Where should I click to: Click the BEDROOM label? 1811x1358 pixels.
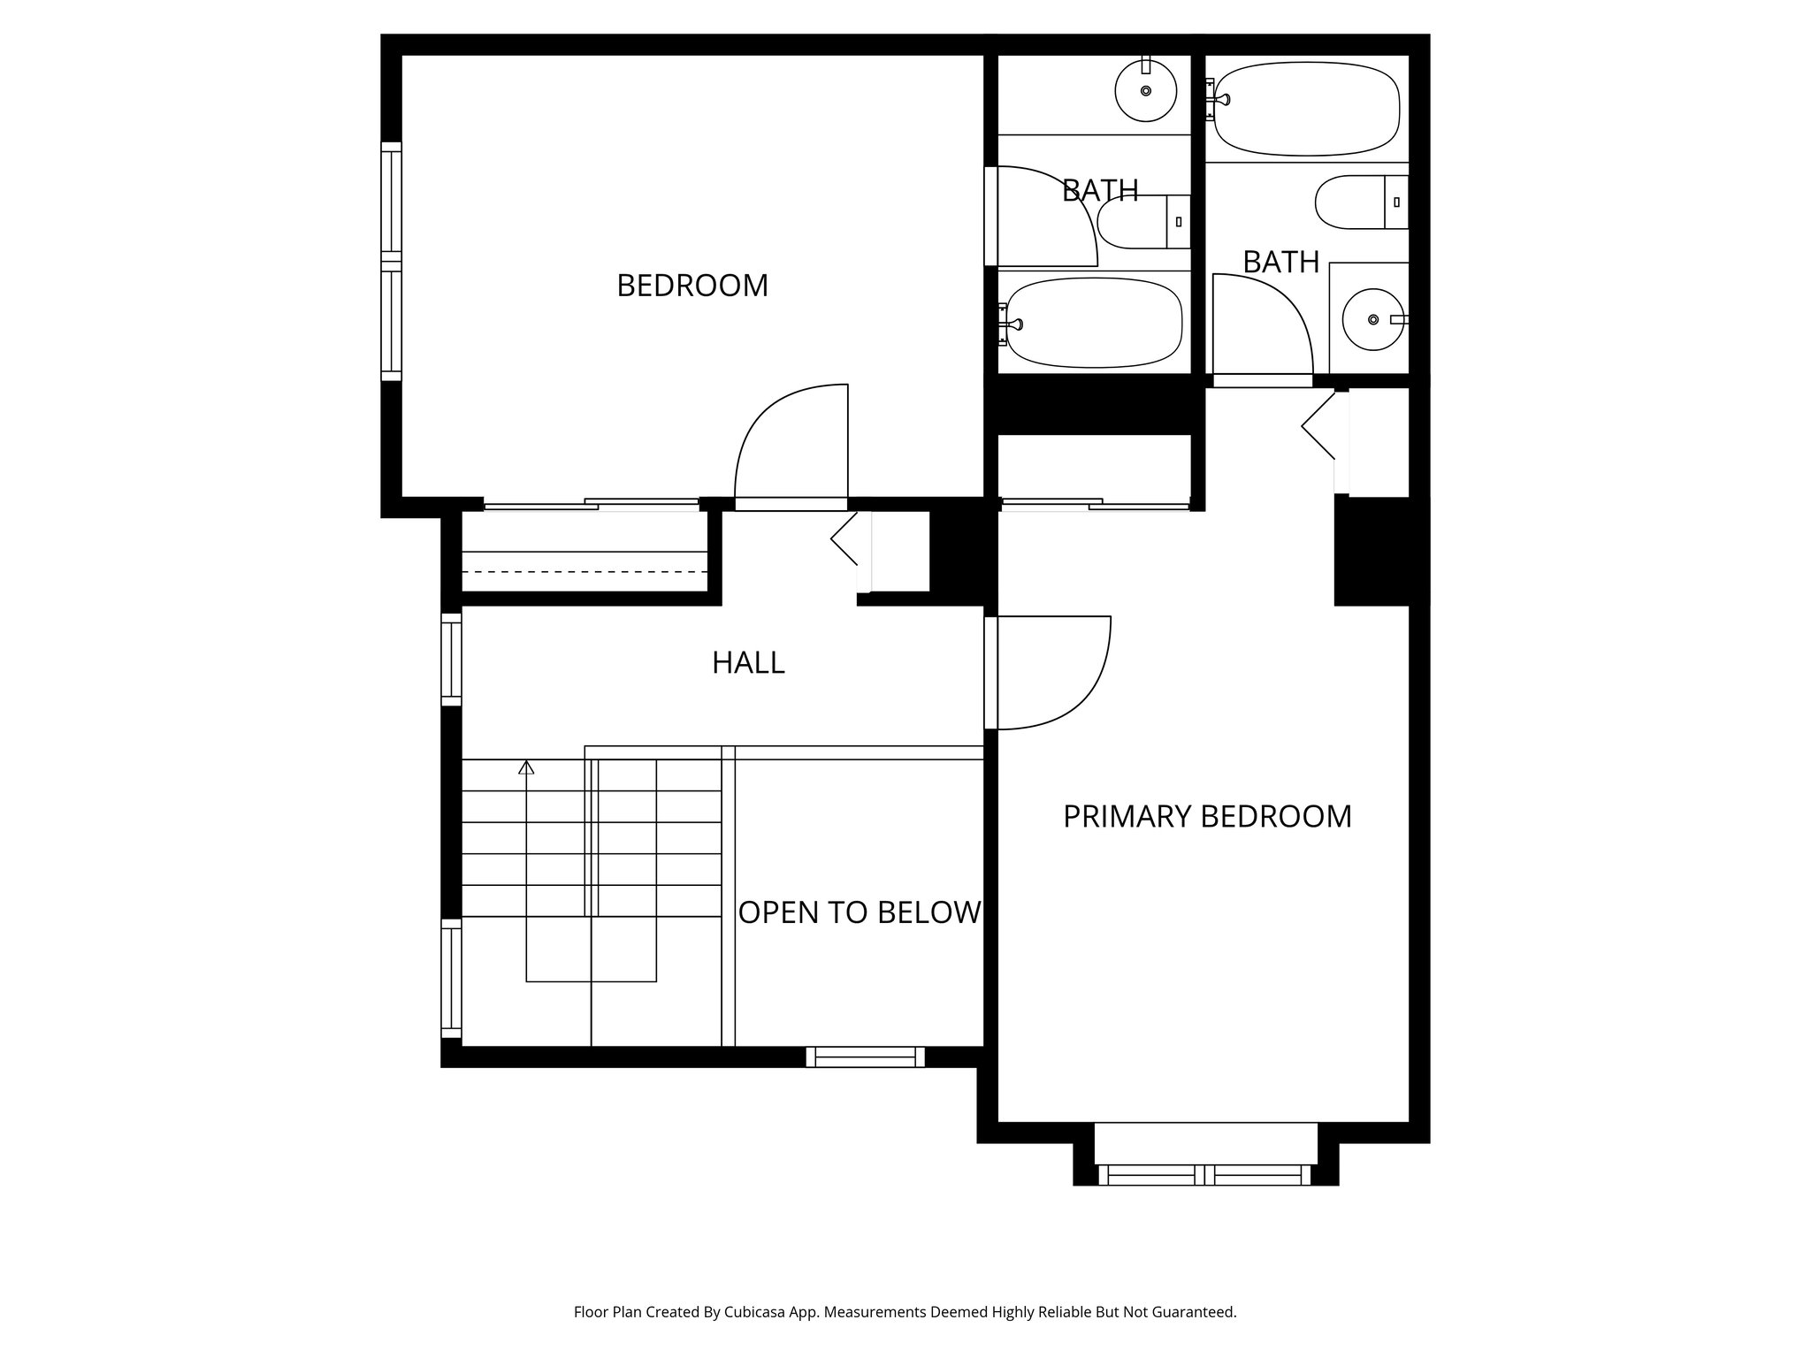(x=692, y=286)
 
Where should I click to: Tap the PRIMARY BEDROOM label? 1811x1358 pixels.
(x=1207, y=816)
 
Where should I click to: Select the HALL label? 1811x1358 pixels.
(x=748, y=662)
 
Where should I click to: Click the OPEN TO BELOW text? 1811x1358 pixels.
(x=860, y=912)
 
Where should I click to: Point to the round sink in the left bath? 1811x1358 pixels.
(x=1145, y=90)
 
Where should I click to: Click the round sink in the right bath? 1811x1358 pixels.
(x=1372, y=319)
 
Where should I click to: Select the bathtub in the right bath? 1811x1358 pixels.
(x=1306, y=109)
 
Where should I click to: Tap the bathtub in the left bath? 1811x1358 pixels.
(x=1094, y=322)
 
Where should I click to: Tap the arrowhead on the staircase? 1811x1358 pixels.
(x=526, y=767)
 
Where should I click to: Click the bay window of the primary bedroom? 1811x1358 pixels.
(x=1204, y=1174)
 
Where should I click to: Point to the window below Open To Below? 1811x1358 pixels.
(x=865, y=1057)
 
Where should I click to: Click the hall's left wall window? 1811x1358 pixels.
(x=451, y=660)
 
